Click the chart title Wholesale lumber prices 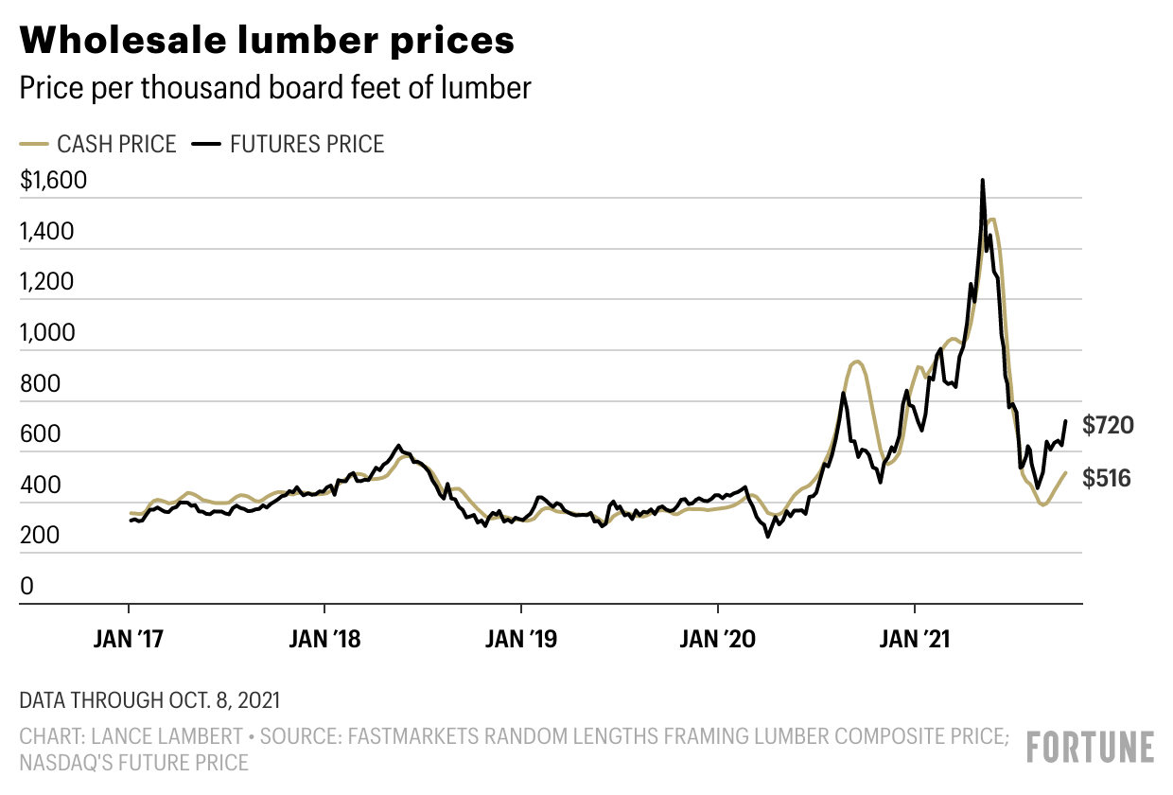point(267,41)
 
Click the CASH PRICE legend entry point(98,145)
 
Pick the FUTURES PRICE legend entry point(289,145)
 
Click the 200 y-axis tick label point(40,536)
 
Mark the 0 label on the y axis point(26,587)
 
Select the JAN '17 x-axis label point(129,638)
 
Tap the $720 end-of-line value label point(1107,426)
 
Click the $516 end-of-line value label point(1107,479)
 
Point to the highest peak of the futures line point(982,180)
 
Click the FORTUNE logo point(1091,747)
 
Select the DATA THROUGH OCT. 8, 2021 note point(149,701)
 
